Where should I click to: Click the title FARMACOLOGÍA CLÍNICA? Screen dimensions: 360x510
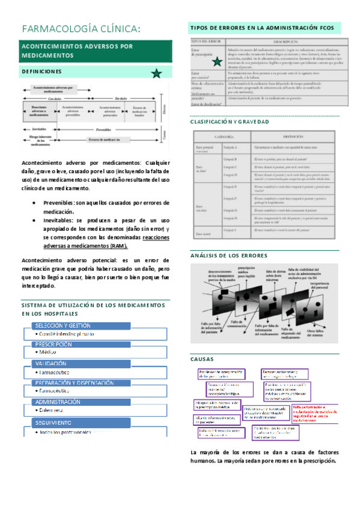click(81, 29)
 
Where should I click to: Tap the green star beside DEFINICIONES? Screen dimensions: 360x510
click(156, 73)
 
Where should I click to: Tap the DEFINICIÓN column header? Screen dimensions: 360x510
click(279, 137)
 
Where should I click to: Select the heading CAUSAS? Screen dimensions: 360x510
click(201, 358)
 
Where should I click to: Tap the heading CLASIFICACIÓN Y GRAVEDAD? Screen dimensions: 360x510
click(229, 122)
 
